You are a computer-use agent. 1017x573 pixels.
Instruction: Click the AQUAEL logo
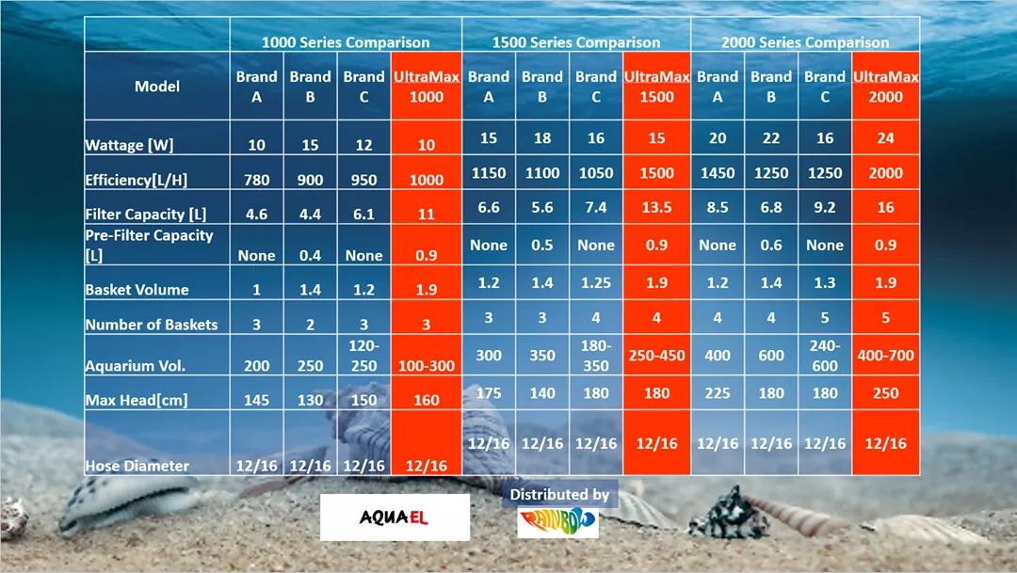tap(395, 517)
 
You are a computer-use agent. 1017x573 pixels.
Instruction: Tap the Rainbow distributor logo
tap(557, 523)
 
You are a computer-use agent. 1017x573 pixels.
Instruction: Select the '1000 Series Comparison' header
tap(346, 42)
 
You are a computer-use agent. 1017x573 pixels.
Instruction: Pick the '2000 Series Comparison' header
tap(805, 42)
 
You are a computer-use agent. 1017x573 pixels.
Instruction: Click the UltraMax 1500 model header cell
tap(656, 87)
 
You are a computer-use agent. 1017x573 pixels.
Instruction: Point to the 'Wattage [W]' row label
tap(129, 145)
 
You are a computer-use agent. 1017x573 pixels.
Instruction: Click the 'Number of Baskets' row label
tap(151, 325)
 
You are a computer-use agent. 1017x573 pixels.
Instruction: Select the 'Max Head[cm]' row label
tap(136, 400)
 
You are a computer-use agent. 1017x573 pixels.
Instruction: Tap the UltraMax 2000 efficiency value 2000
tap(885, 173)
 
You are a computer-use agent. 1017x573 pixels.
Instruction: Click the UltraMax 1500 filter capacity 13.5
tap(656, 207)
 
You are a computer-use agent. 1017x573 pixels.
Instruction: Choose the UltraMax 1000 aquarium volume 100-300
tap(427, 366)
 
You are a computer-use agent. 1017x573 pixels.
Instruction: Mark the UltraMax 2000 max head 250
tap(885, 393)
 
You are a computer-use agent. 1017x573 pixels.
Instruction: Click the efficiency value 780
tap(256, 180)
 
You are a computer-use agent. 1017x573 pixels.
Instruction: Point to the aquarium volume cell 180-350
tap(596, 356)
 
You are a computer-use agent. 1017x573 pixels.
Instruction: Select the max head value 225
tap(718, 393)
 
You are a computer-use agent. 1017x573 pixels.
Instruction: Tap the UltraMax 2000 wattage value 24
tap(885, 138)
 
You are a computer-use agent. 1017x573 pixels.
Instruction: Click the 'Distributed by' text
tap(559, 494)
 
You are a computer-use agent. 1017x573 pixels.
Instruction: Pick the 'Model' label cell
tap(157, 86)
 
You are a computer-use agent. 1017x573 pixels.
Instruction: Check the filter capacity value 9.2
tap(825, 207)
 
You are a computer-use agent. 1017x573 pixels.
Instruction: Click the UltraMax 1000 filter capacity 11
tap(427, 214)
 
